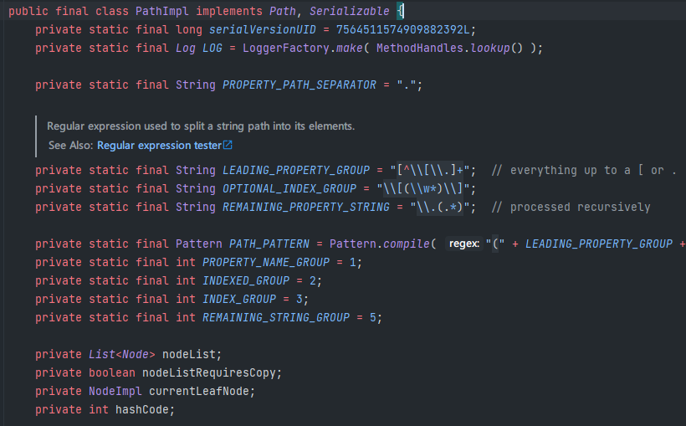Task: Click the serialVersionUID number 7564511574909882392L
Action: point(404,29)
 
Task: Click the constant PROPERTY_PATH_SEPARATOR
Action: point(299,85)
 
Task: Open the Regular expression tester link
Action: point(159,145)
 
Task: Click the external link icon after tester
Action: point(228,145)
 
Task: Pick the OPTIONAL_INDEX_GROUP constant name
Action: point(289,188)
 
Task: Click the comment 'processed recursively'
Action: point(580,207)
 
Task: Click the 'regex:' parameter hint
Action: point(463,244)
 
